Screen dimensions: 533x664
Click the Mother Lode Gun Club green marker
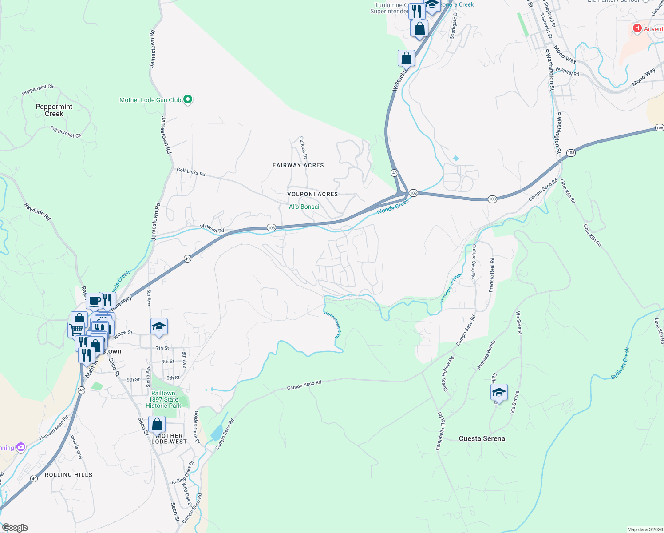tap(188, 100)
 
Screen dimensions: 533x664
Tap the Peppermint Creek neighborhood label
tap(54, 110)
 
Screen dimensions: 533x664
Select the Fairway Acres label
tap(298, 165)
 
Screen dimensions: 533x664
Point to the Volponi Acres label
tap(312, 194)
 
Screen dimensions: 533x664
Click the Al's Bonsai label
tap(304, 207)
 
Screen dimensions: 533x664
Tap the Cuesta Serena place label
tap(482, 438)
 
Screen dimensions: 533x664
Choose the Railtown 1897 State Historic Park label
tap(163, 399)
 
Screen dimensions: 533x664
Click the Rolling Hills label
tap(69, 475)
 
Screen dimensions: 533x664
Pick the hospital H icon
tap(637, 28)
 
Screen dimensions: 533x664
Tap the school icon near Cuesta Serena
tap(499, 393)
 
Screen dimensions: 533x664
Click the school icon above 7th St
tap(159, 327)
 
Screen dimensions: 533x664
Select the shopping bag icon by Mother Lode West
tap(157, 425)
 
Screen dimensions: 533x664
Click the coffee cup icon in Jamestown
tap(94, 301)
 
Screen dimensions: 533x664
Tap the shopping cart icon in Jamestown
tap(76, 330)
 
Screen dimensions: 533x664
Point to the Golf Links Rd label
tap(191, 172)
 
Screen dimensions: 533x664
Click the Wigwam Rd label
tap(212, 228)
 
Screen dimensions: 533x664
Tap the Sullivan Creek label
tap(621, 363)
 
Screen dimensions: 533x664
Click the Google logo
tap(15, 528)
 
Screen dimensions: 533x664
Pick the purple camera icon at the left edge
tap(21, 447)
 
